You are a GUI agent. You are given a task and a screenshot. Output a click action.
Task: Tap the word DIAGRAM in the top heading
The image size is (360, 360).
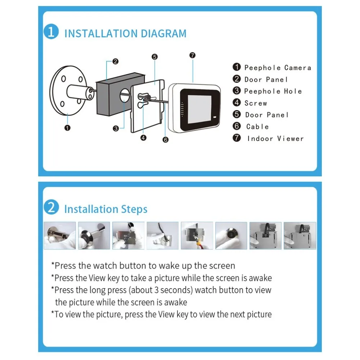tap(163, 33)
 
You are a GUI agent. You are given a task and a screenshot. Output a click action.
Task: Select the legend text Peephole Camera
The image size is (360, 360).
tap(278, 68)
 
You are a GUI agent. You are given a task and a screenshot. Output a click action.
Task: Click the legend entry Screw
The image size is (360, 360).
tap(256, 103)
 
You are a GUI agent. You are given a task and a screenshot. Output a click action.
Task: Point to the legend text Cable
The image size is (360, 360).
tap(257, 127)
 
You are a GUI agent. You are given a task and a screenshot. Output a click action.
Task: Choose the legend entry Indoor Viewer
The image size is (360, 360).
tap(275, 139)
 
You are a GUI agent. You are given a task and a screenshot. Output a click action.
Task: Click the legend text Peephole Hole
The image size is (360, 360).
tap(273, 91)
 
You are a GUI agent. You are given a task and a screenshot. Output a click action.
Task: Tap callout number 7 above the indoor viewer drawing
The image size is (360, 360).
tap(192, 55)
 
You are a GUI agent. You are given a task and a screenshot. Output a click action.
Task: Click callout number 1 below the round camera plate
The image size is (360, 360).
tap(68, 128)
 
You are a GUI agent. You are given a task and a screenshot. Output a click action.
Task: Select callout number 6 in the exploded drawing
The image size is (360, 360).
tap(165, 140)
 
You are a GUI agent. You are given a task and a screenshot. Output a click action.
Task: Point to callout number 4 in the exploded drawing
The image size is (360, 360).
tap(143, 138)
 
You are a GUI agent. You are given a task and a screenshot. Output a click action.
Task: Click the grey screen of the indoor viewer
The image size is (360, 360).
tap(199, 109)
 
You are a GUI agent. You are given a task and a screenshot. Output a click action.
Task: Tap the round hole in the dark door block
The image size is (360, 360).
tap(125, 95)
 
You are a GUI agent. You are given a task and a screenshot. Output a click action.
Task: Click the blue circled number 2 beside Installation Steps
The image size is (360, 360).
tap(51, 207)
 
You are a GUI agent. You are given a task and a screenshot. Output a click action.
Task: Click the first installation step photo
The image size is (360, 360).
tap(60, 235)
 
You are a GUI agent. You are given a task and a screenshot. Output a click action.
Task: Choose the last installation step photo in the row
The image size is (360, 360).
tap(300, 235)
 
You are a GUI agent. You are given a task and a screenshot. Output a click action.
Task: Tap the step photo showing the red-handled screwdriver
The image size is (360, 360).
tap(197, 235)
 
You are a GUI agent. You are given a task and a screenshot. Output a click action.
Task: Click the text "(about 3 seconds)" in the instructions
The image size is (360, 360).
tap(161, 290)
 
